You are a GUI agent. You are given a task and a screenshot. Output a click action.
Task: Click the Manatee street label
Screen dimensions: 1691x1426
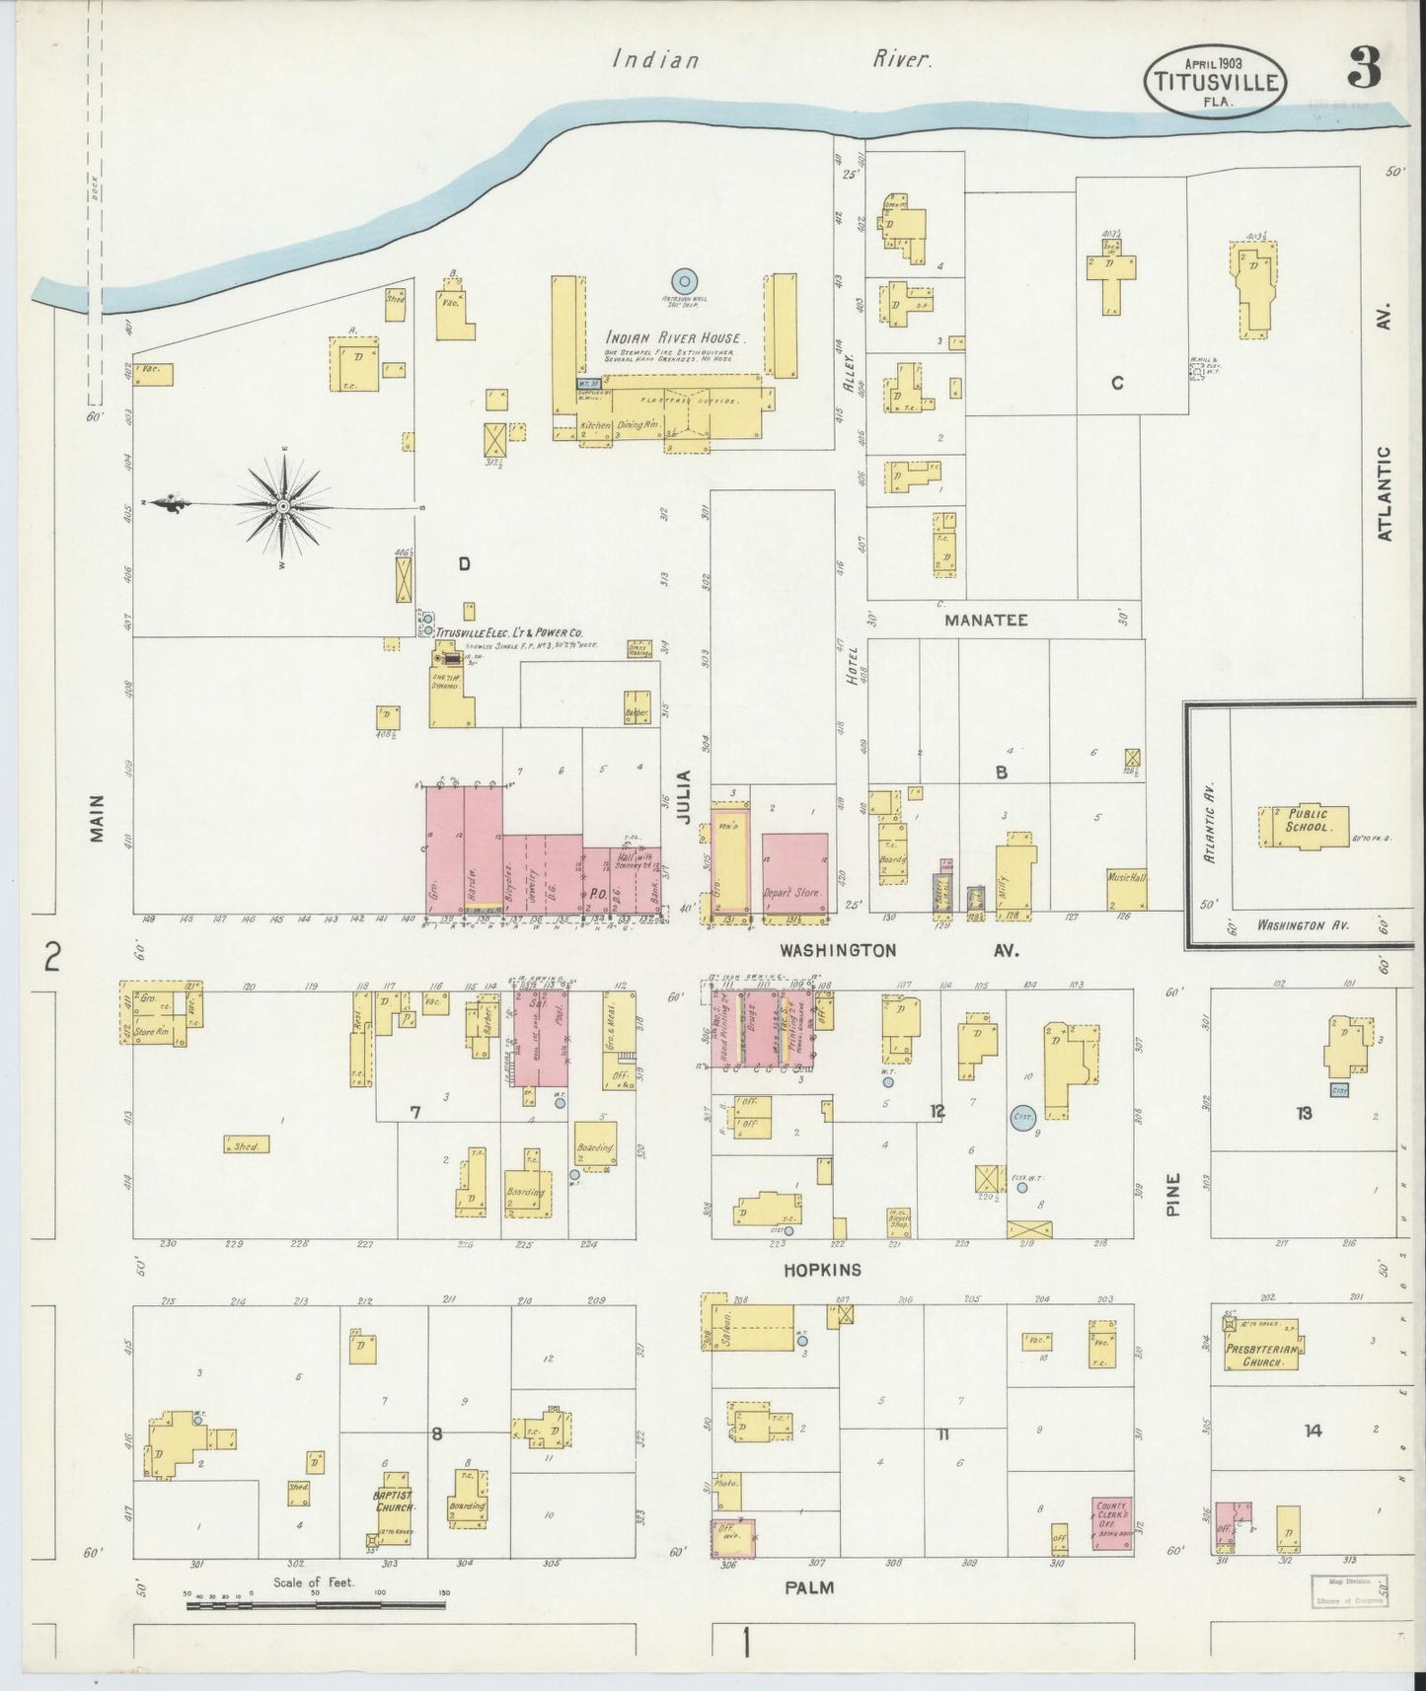coord(986,621)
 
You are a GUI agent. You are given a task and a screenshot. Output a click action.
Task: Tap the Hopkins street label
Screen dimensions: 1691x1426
coord(822,1270)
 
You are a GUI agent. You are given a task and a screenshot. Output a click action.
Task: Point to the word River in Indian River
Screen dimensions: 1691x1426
coord(900,60)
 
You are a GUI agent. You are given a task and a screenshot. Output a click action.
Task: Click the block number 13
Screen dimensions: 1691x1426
coord(1304,1114)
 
